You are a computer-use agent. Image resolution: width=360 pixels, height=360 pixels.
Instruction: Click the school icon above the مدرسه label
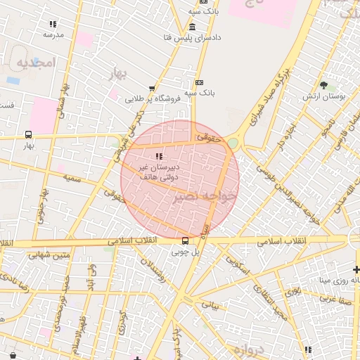point(53,24)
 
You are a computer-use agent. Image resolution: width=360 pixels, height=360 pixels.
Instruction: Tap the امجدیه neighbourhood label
point(34,63)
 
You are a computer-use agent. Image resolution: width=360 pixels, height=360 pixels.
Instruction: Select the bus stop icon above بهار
point(28,134)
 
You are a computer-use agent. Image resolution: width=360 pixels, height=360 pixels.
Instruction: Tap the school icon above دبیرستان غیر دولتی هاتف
point(158,155)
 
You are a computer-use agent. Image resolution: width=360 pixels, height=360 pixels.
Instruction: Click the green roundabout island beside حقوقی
point(233,143)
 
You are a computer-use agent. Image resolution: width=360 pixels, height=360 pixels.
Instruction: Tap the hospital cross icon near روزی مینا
point(356,269)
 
